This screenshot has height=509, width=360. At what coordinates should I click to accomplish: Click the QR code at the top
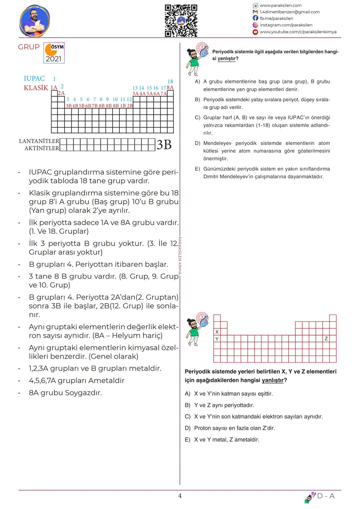click(x=181, y=21)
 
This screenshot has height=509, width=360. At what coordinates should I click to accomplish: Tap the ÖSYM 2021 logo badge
click(x=54, y=53)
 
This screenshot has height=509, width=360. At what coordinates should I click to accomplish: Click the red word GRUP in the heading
click(x=29, y=47)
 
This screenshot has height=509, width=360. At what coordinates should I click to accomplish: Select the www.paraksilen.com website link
click(x=280, y=5)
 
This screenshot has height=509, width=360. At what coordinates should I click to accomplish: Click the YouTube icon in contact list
click(x=255, y=32)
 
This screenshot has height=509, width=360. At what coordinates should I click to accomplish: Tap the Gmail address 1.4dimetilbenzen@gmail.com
click(x=289, y=12)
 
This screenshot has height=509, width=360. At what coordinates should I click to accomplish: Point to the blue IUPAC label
click(x=34, y=79)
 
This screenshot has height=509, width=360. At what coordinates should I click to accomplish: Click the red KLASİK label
click(x=36, y=88)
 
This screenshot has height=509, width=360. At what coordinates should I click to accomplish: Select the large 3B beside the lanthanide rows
click(x=164, y=145)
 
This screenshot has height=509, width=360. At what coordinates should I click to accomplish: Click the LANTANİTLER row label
click(x=39, y=141)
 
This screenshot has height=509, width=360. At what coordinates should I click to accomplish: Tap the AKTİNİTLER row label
click(x=42, y=148)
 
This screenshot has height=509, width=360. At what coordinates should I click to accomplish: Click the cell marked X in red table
click(x=217, y=332)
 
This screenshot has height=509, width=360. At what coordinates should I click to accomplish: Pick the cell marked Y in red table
click(x=217, y=339)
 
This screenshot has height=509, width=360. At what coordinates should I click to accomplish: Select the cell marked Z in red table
click(x=326, y=339)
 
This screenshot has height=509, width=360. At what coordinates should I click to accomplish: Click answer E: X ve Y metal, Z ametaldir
click(x=226, y=440)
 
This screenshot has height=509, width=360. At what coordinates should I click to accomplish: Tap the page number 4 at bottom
click(x=180, y=496)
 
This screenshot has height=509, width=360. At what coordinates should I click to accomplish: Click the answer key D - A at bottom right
click(x=326, y=496)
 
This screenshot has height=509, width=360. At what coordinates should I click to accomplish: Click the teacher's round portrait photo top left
click(x=35, y=21)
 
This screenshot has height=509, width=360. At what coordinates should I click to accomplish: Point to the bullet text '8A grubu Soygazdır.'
click(x=65, y=393)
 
